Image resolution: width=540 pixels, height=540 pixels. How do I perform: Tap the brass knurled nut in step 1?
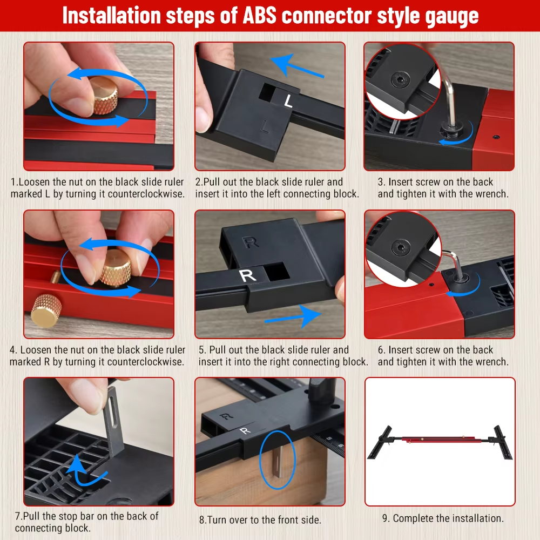pos(103,96)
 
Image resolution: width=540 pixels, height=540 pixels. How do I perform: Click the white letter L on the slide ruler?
pos(288,101)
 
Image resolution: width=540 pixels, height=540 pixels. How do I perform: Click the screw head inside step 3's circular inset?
pos(400,80)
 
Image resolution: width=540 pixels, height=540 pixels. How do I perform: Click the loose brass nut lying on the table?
pos(46,310)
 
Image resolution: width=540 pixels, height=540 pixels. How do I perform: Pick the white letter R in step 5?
pos(248,275)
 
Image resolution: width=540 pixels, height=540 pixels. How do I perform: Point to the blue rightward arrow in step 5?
pos(293,316)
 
